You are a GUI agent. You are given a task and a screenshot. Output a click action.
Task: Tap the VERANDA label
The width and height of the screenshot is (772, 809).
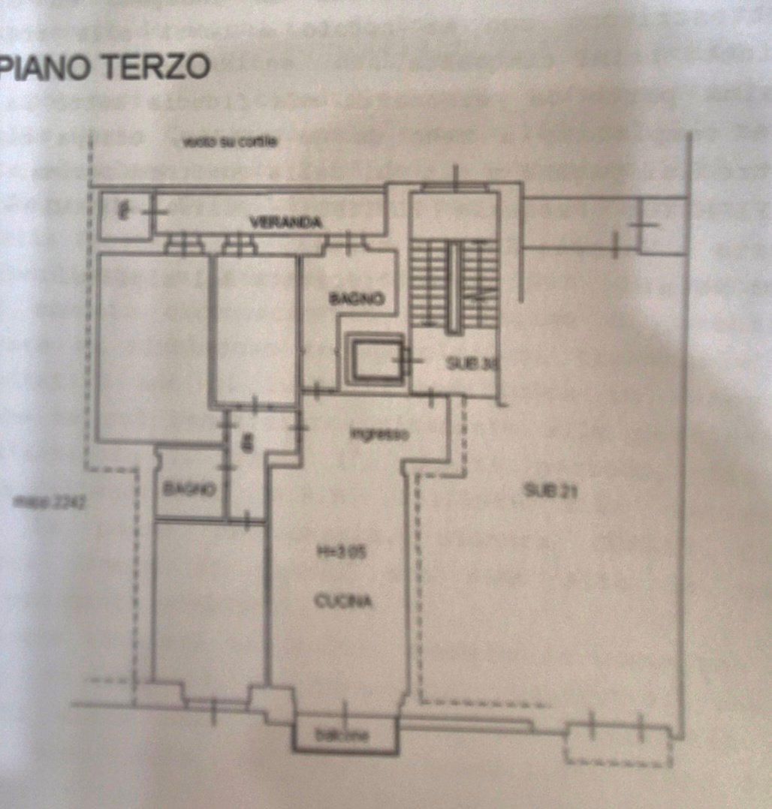287,222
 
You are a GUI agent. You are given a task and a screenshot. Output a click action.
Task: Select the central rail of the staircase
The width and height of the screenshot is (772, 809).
453,287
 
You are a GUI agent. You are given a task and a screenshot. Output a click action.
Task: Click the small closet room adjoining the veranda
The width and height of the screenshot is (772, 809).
122,213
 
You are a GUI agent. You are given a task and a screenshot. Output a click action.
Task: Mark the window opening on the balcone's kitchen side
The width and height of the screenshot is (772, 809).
345,711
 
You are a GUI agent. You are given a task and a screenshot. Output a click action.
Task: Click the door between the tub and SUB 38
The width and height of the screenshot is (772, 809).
406,361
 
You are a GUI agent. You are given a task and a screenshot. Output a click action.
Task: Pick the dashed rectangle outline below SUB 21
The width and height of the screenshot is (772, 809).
619,745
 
